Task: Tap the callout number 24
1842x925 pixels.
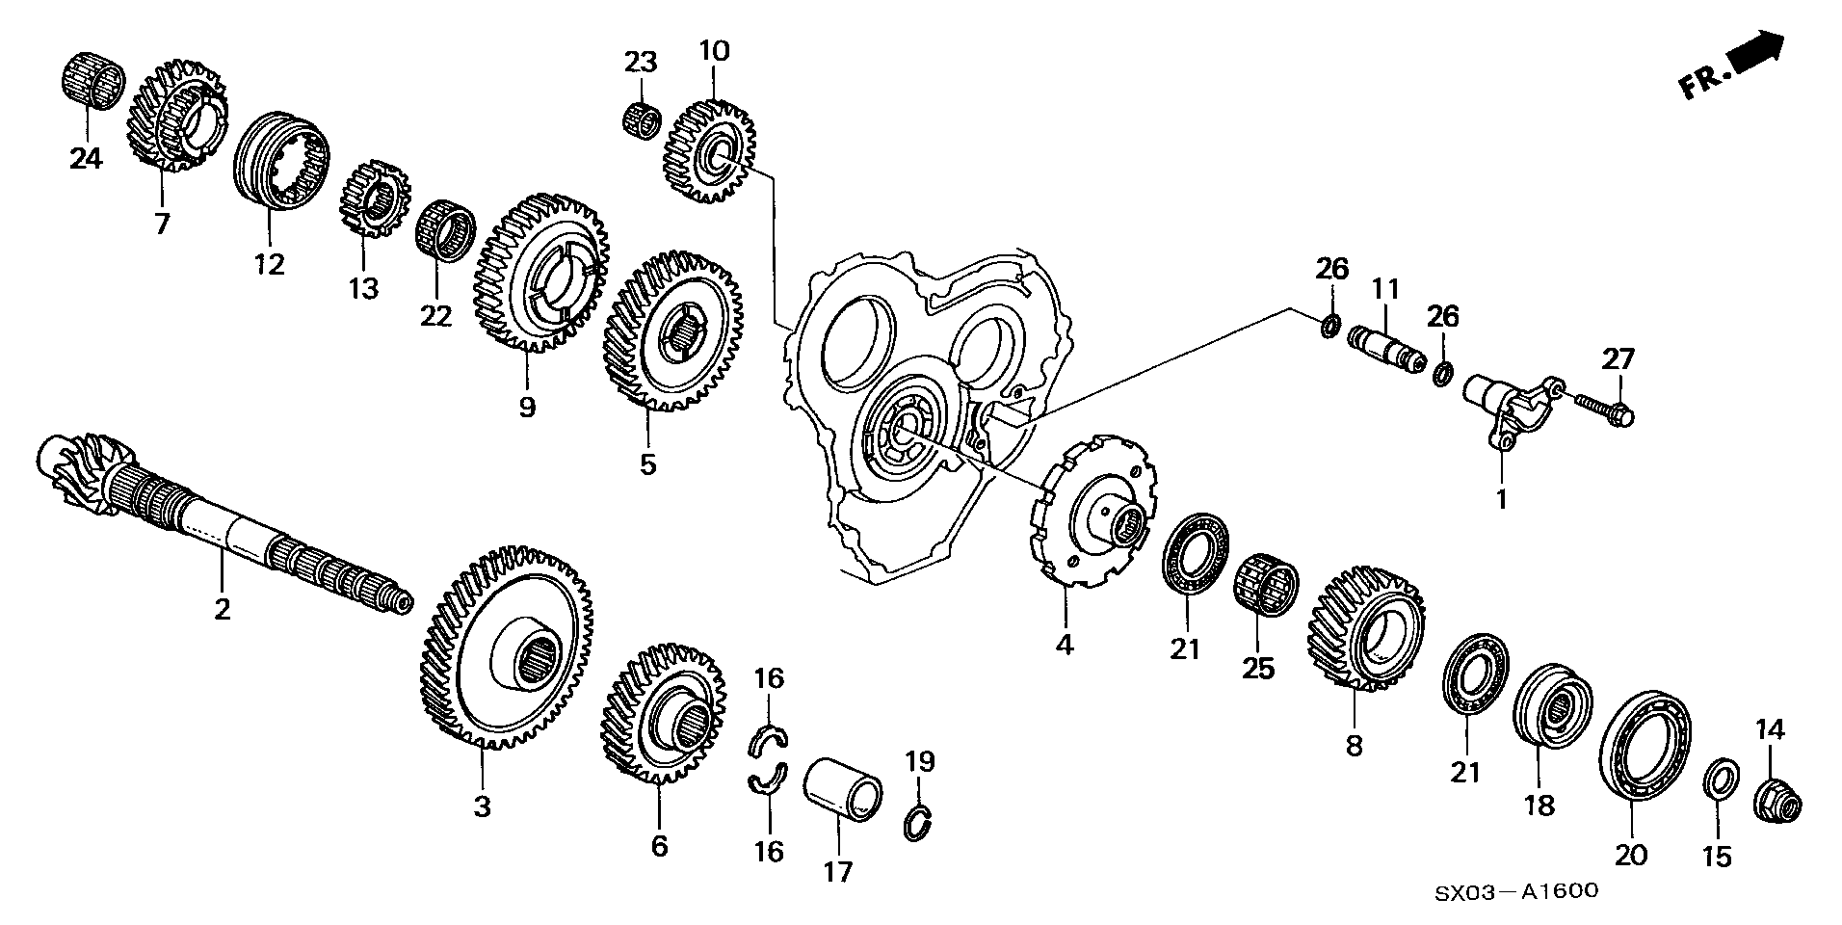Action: [x=85, y=157]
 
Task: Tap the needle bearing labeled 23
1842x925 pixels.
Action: [x=639, y=121]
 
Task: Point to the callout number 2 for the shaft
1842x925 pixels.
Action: [x=223, y=609]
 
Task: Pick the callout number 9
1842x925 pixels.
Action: [x=527, y=408]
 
